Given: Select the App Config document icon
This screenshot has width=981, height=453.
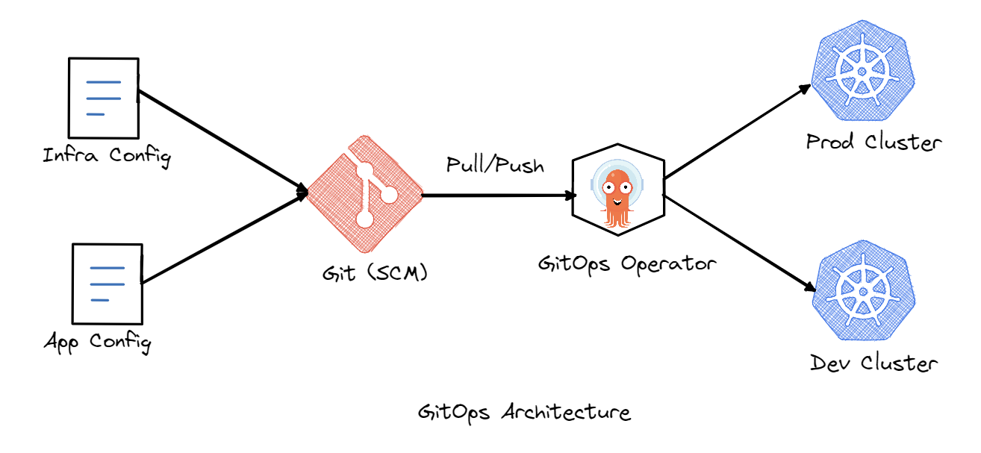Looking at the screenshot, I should [105, 284].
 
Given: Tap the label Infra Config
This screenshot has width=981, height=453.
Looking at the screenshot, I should [107, 157].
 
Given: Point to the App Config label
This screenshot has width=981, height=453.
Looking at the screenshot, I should [97, 343].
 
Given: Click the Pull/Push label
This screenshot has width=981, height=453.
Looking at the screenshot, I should [495, 164].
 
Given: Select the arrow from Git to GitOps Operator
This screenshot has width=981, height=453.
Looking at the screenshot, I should [499, 196].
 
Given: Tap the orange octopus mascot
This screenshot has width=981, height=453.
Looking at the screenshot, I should [617, 196].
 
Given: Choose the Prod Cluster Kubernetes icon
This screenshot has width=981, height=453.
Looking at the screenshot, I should [862, 72].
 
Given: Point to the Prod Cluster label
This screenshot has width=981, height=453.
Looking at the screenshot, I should [873, 142].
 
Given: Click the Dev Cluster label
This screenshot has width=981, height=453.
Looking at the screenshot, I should [873, 363].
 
